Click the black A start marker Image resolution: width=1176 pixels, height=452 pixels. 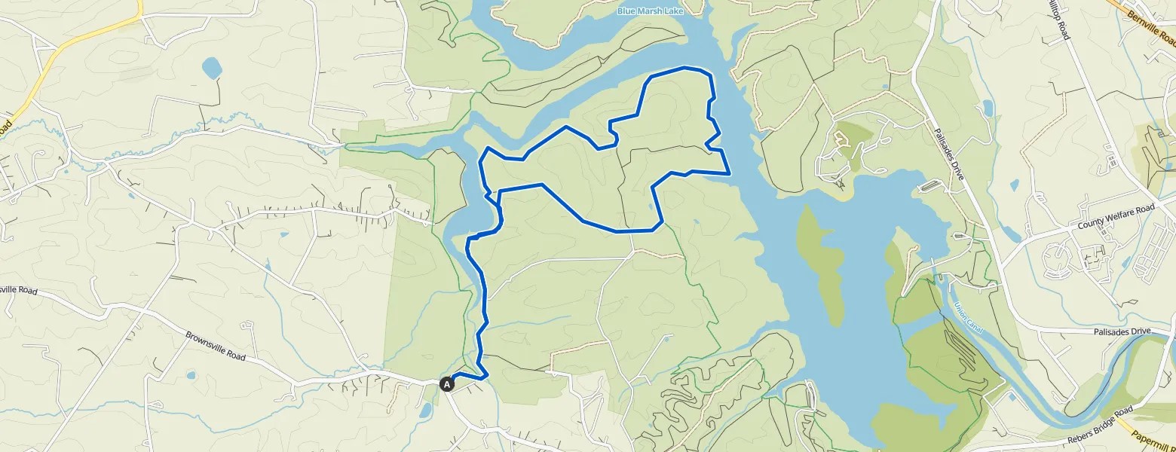[x=446, y=384]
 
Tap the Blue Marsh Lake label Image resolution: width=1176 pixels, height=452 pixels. [x=645, y=11]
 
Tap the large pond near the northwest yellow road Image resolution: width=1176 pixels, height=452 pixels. [x=212, y=69]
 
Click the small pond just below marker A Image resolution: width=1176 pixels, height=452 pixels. [x=425, y=411]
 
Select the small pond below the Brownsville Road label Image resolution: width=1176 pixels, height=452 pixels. [x=189, y=375]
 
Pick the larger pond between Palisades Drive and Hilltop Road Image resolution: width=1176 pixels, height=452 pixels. [x=988, y=108]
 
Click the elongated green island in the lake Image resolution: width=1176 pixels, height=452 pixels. [x=819, y=264]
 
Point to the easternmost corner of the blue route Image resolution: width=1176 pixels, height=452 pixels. [x=730, y=173]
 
